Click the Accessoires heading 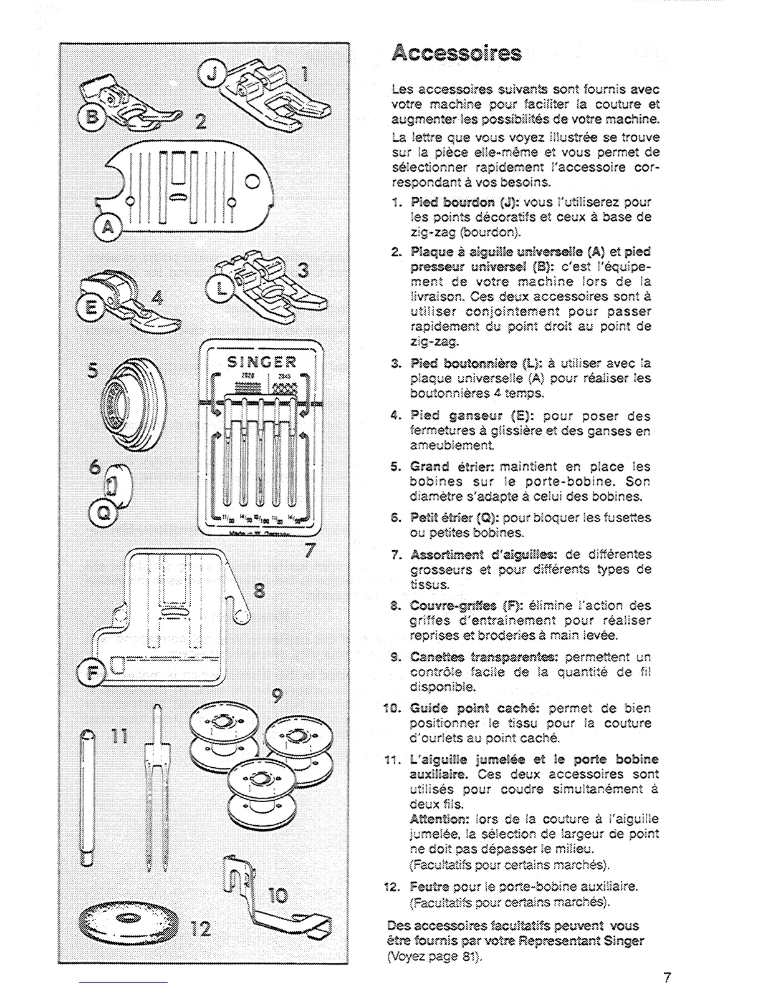[x=456, y=54]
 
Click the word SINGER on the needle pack [x=261, y=362]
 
